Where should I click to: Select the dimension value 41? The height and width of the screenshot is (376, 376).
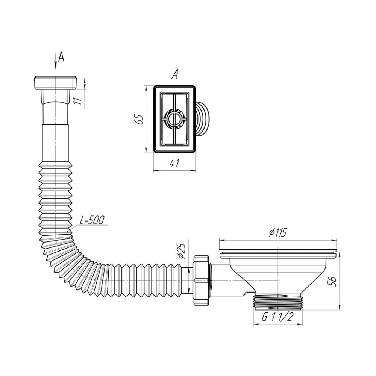click(x=174, y=164)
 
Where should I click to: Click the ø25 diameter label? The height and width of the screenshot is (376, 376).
click(x=182, y=251)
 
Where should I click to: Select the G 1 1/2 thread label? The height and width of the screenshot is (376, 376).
click(x=278, y=317)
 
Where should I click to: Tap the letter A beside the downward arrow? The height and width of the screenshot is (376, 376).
click(x=62, y=57)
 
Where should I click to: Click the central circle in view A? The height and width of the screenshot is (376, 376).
click(x=174, y=119)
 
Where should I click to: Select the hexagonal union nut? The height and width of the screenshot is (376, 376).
click(x=202, y=280)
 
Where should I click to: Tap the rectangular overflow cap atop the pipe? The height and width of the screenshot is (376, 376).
click(x=56, y=83)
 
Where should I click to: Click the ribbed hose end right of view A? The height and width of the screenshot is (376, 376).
click(x=202, y=119)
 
